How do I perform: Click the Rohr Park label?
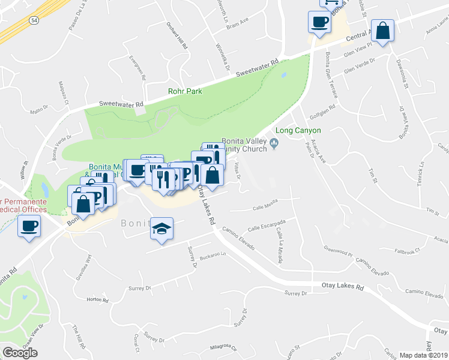pos(184,91)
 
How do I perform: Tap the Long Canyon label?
pos(298,130)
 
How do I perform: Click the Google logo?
pos(20,353)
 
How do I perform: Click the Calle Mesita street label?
pos(265,208)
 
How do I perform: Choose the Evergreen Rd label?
pos(137,67)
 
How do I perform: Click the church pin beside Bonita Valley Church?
pos(274,142)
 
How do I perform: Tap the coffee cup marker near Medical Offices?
pos(29,227)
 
